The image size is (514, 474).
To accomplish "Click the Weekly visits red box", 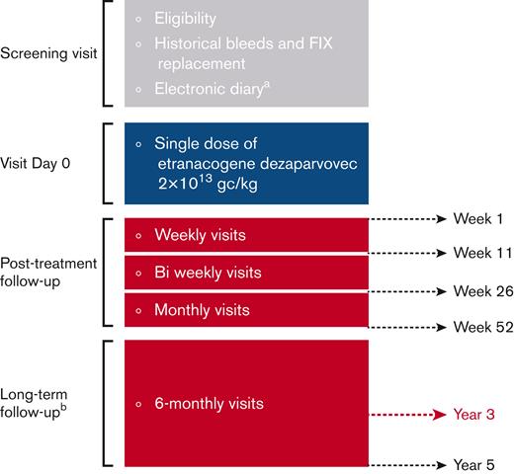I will click(x=247, y=236).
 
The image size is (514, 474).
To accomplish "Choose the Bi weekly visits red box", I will click(x=247, y=273).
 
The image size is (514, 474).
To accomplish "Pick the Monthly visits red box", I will click(x=247, y=309).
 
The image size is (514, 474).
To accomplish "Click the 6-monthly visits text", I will click(x=215, y=403).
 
